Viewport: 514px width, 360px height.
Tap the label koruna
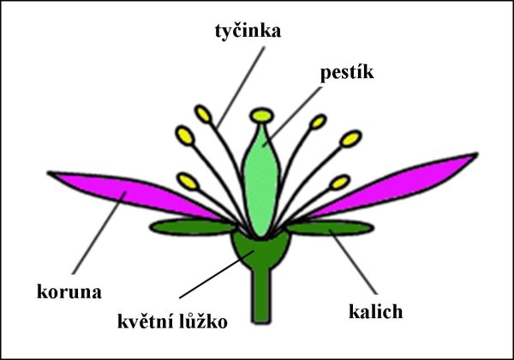pyautogui.click(x=69, y=291)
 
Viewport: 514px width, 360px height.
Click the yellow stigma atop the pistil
pyautogui.click(x=260, y=114)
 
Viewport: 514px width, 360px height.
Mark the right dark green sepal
pyautogui.click(x=330, y=227)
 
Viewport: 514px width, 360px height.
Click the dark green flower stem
pyautogui.click(x=260, y=296)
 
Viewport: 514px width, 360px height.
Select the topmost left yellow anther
pyautogui.click(x=204, y=113)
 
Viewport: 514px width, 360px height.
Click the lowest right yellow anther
pyautogui.click(x=339, y=182)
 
